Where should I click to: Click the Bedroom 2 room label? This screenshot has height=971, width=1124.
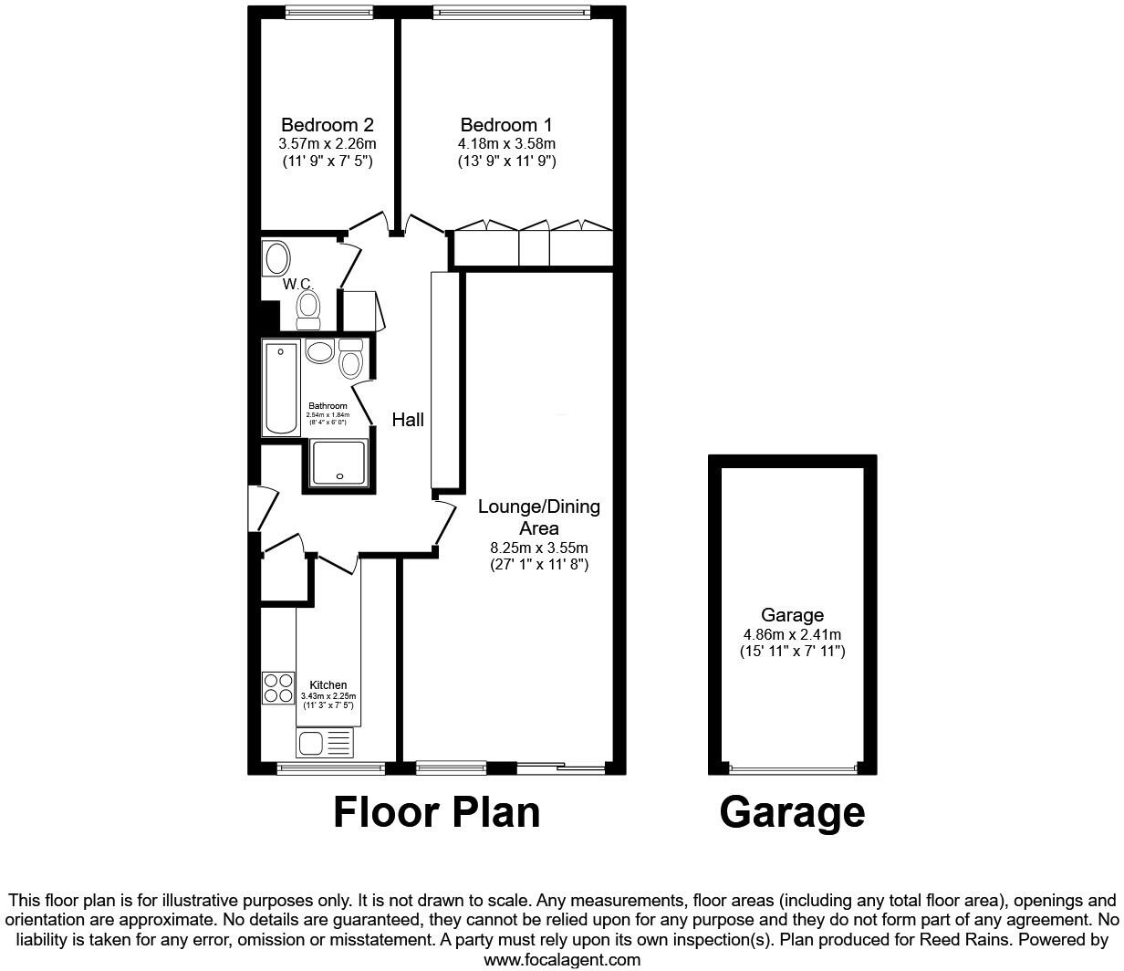click(327, 125)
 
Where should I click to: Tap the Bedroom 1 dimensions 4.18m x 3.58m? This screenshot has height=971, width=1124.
click(506, 143)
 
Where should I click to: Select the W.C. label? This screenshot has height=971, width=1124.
click(298, 285)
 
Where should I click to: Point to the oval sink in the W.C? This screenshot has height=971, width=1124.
click(276, 257)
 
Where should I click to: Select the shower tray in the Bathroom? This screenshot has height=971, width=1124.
click(339, 462)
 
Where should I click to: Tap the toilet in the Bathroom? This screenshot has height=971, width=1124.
click(350, 360)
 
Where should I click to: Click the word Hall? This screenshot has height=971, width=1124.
click(408, 420)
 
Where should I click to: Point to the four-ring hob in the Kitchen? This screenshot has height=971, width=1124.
click(278, 687)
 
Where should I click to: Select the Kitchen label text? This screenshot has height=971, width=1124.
click(328, 685)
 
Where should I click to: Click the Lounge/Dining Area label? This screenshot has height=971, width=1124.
click(539, 517)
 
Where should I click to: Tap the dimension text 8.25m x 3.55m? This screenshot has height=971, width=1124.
click(539, 548)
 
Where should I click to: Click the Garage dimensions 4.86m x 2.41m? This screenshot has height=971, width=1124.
click(792, 634)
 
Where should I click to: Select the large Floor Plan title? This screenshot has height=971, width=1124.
click(436, 811)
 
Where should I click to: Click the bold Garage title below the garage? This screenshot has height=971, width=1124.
click(792, 811)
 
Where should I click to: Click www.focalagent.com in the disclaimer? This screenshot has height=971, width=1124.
click(562, 959)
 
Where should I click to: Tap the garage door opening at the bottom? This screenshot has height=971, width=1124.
click(792, 768)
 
